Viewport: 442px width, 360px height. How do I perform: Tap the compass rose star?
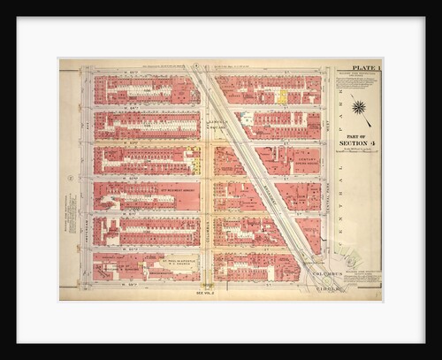point(359,108)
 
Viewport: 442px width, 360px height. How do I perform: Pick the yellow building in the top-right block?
point(282,95)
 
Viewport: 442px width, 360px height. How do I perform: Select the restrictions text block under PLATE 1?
point(358,84)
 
